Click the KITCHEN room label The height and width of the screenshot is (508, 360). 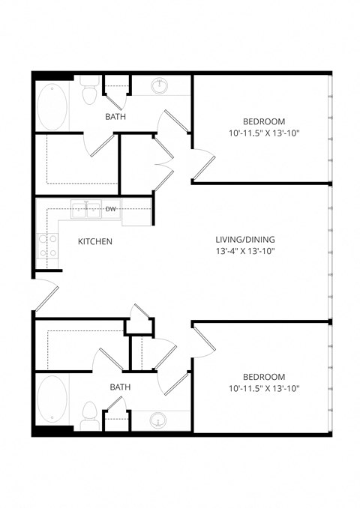[95, 242]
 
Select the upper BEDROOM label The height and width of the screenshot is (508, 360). [263, 121]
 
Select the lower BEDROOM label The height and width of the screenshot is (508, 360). [263, 376]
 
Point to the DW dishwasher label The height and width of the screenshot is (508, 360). [109, 209]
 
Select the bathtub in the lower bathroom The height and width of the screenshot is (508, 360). [51, 399]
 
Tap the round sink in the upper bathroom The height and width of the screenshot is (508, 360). [160, 86]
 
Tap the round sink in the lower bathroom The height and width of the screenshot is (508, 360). [160, 420]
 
